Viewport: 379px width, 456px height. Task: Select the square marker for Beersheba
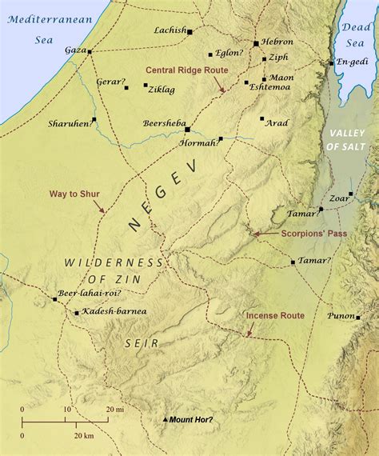(x=187, y=129)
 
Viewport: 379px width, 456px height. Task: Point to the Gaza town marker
(x=90, y=52)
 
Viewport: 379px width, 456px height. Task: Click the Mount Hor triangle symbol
(x=166, y=420)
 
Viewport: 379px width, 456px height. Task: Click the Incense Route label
(x=275, y=316)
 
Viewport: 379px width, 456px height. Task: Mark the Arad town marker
(x=261, y=119)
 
